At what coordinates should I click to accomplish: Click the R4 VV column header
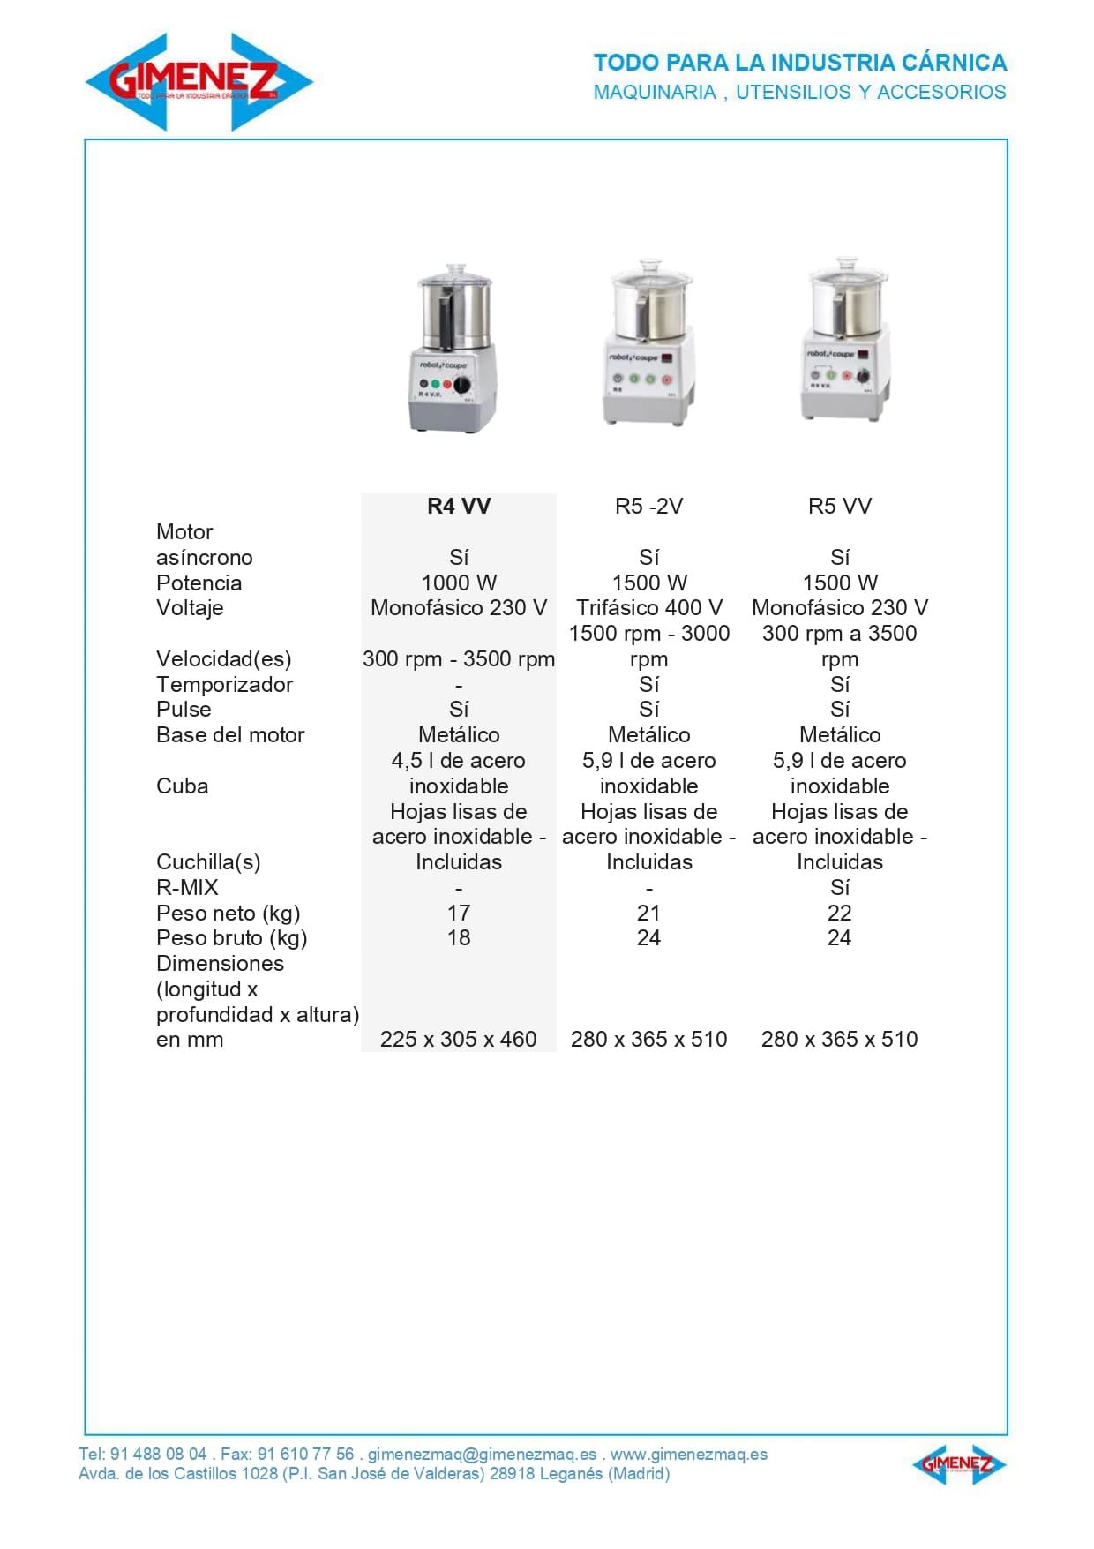pos(459,507)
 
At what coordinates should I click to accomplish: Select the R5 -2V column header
pos(648,507)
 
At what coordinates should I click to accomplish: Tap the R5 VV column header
pos(839,507)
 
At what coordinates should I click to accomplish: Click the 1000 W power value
pos(459,583)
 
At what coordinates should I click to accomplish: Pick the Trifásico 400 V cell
pos(648,608)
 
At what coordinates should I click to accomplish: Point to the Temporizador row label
pos(224,685)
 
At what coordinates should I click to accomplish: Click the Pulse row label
pos(184,710)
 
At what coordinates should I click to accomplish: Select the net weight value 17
pos(459,914)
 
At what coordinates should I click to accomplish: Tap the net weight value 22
pos(839,914)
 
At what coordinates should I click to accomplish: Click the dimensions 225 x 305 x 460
pos(459,1040)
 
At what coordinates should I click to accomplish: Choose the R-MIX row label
pos(187,888)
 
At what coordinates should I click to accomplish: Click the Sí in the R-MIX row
pos(839,888)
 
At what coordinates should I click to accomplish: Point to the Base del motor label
pos(230,735)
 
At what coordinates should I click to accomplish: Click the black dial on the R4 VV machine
pos(461,385)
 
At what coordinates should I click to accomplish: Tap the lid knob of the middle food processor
pos(649,265)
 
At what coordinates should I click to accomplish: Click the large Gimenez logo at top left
pos(199,82)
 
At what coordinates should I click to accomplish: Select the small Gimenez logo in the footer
pos(958,1464)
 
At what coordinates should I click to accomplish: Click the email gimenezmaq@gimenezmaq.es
pos(482,1454)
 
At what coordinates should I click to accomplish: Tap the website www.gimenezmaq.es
pos(688,1454)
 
